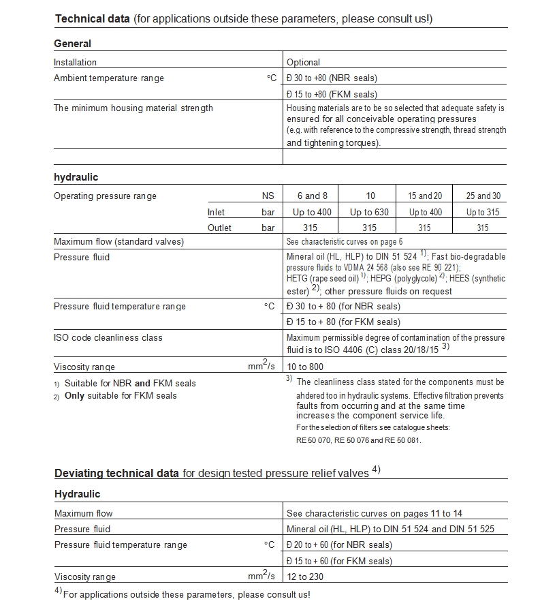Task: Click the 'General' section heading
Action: [x=72, y=44]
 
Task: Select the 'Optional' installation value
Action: [x=303, y=62]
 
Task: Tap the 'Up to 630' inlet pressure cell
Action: [x=369, y=212]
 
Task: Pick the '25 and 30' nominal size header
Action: [x=483, y=196]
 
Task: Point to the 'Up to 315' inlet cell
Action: [x=483, y=212]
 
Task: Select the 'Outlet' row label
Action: [x=219, y=228]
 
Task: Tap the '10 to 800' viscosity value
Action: [x=305, y=367]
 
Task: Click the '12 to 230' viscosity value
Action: [x=305, y=577]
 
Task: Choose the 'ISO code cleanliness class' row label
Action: [x=108, y=337]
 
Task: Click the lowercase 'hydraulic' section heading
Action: [x=76, y=177]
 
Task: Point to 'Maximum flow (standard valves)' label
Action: [x=118, y=241]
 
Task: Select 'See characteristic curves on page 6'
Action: [x=345, y=241]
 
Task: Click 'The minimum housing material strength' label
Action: [x=133, y=108]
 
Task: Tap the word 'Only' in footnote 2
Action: [x=76, y=395]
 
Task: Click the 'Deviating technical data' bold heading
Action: [x=116, y=473]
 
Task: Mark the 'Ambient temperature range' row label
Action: [x=109, y=78]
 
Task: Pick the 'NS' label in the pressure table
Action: [x=268, y=196]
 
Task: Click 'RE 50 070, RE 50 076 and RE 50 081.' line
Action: [x=359, y=440]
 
